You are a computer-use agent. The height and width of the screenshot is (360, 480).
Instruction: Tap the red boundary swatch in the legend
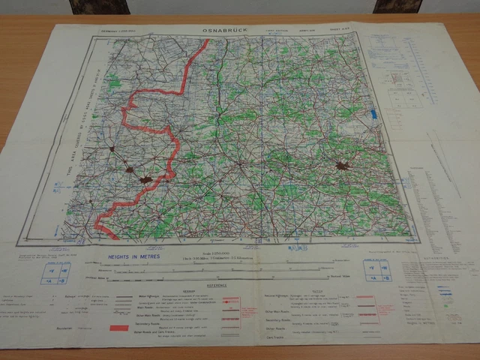pyautogui.click(x=119, y=328)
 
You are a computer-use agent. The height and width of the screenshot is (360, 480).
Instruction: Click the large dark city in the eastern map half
pyautogui.click(x=343, y=166)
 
